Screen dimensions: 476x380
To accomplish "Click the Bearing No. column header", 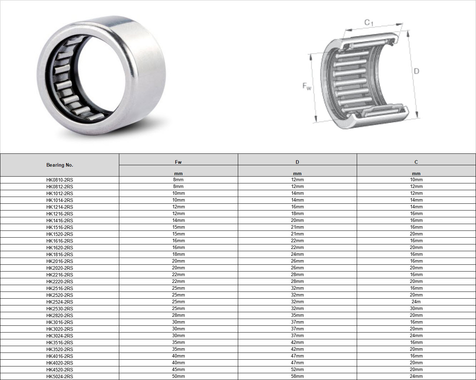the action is pos(60,165).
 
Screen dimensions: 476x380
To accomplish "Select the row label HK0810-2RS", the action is pos(60,180).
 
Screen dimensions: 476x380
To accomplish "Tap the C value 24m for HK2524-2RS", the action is pos(416,302).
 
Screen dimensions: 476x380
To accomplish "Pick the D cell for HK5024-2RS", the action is pos(297,376).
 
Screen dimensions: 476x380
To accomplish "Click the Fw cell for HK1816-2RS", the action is pos(178,254).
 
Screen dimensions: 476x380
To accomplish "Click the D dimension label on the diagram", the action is pos(416,71).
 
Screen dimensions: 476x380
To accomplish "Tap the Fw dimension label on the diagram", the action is pos(307,86).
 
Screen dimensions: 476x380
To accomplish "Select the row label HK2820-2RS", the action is pos(60,315).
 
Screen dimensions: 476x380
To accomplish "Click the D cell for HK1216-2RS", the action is pos(297,213).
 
